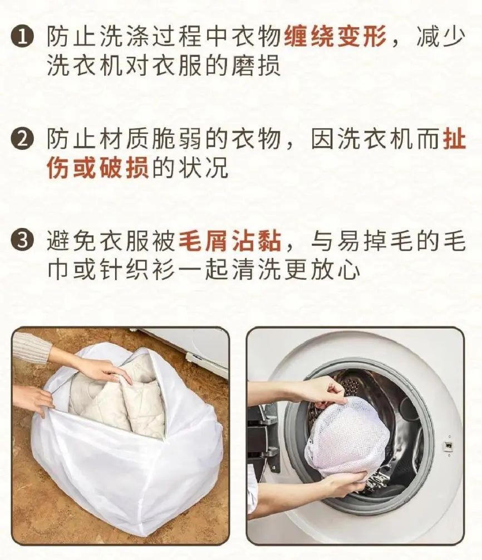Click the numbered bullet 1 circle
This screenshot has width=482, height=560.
pos(22,37)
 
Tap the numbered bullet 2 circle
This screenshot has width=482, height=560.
pos(22,139)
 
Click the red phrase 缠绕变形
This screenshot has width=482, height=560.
pos(335,36)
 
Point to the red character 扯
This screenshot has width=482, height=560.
pos(454,139)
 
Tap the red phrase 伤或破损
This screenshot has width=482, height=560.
pos(98,168)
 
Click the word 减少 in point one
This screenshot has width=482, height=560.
pos(441,36)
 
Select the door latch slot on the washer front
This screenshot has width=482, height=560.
pos(447,445)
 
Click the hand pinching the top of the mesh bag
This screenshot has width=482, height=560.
pos(323,393)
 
